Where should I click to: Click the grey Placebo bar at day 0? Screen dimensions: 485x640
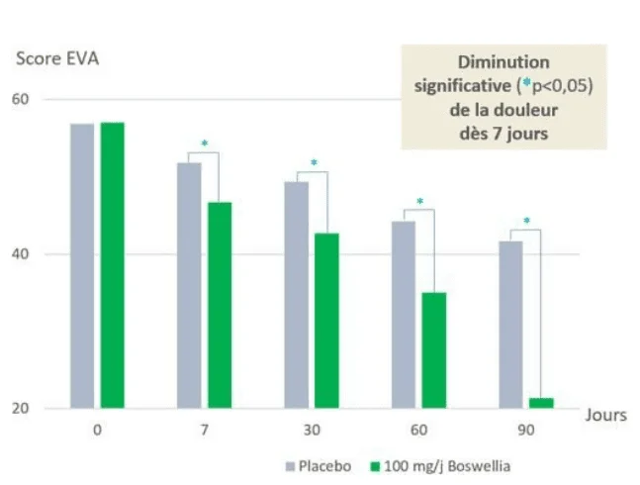coord(82,265)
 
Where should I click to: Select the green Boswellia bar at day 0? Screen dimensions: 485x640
coord(112,264)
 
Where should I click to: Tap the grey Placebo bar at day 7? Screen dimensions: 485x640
coord(189,285)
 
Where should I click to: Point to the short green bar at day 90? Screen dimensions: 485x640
coord(541,402)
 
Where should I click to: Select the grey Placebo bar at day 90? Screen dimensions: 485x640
coord(510,324)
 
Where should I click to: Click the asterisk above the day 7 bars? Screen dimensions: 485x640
coord(205,145)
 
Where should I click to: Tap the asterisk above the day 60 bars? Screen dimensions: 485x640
coord(419,202)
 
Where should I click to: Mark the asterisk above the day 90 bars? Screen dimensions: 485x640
coord(526,222)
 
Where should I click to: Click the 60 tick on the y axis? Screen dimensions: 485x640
coord(21,100)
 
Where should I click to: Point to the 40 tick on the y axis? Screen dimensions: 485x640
coord(21,254)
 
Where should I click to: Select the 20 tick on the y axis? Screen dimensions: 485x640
coord(21,409)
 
